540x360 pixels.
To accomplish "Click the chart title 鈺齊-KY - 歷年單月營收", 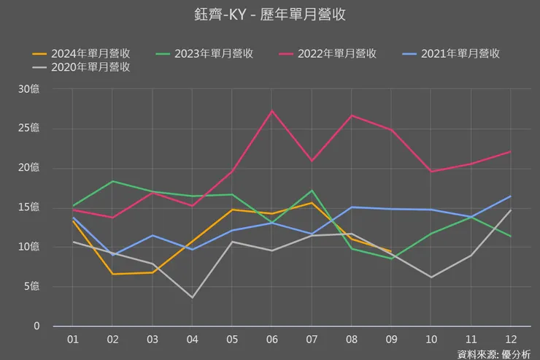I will [x=270, y=14].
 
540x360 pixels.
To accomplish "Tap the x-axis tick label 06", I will [x=271, y=340].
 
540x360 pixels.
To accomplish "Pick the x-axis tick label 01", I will [x=73, y=340].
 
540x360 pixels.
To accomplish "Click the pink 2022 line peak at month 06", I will [x=271, y=111].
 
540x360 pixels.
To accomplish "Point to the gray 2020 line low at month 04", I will [x=192, y=297].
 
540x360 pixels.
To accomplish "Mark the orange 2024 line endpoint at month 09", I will [x=391, y=252].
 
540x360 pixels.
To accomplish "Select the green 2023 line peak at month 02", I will [x=112, y=181].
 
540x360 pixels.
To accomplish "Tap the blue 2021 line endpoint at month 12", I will [x=509, y=196].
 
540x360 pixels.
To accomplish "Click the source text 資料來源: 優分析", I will [x=493, y=354].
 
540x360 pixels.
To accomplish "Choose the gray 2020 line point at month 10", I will [x=431, y=277].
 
